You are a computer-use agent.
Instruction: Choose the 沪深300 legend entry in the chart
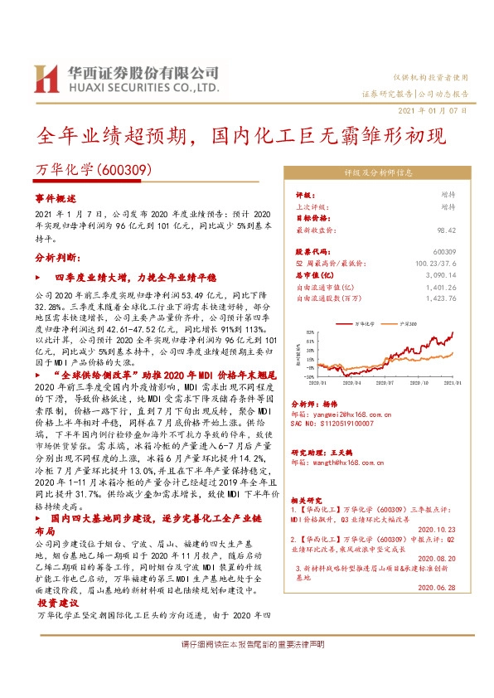[x=409, y=322]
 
